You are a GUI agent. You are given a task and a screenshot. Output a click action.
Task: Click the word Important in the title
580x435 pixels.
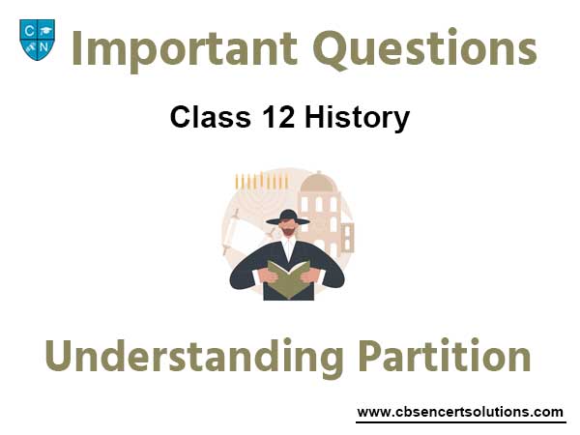[x=185, y=49]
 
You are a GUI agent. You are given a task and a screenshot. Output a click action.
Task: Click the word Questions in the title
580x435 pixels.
[x=424, y=49]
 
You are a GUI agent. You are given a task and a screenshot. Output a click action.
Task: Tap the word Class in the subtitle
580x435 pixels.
[x=211, y=117]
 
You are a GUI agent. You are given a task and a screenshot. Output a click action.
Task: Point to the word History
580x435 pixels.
[x=358, y=118]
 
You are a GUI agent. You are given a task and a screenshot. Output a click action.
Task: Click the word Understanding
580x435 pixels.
[x=194, y=356]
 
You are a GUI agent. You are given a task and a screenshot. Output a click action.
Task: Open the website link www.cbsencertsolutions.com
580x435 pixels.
[x=460, y=412]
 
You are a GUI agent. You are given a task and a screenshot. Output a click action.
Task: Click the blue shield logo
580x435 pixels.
[x=37, y=40]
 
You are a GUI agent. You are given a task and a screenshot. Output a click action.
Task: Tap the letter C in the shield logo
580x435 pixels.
[x=28, y=31]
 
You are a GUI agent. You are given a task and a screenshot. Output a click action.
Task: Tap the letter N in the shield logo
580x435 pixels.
[x=44, y=47]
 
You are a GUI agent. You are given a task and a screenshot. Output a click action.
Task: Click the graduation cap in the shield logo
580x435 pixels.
[x=45, y=31]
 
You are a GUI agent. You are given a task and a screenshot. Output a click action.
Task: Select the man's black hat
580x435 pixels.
[x=288, y=217]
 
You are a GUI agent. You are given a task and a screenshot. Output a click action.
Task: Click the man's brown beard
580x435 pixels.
[x=288, y=232]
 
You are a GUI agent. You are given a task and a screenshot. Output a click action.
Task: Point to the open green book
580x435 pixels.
[x=288, y=279]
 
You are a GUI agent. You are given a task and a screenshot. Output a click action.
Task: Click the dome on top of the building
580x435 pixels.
[x=318, y=183]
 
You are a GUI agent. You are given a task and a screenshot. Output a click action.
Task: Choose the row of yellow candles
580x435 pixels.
[x=262, y=181]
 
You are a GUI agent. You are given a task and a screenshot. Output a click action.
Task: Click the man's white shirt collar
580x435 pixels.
[x=288, y=246]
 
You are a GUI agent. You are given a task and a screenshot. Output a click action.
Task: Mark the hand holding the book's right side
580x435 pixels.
[x=310, y=275]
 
